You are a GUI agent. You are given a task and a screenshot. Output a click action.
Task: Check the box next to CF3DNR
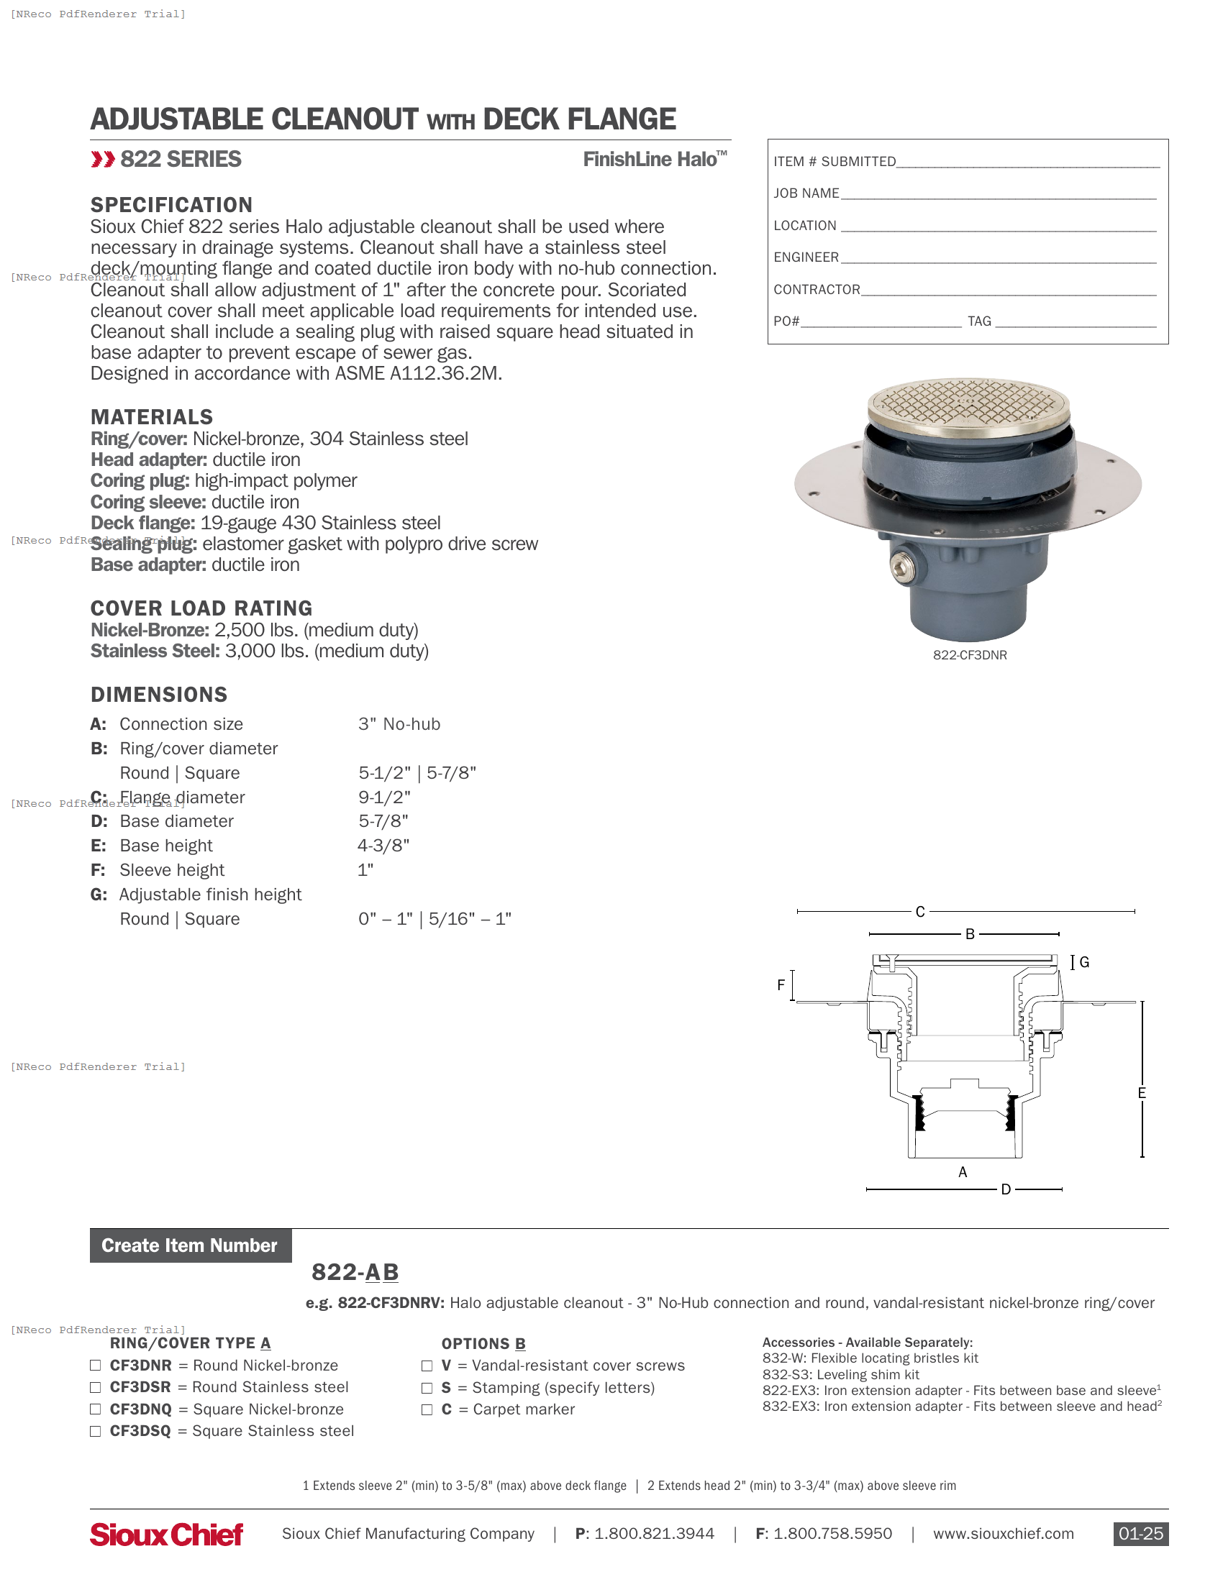[95, 1366]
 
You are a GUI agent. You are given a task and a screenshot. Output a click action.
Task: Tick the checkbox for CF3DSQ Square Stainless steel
[95, 1431]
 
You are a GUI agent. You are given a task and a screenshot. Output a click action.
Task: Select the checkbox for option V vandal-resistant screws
[427, 1366]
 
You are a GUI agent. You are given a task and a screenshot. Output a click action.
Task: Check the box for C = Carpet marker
[427, 1409]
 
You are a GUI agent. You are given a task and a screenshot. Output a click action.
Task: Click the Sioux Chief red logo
[166, 1535]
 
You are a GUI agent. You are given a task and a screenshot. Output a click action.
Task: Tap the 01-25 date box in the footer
[1140, 1534]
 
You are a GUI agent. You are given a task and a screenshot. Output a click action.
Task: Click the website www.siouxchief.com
[1003, 1534]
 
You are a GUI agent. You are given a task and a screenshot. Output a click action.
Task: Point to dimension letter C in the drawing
[919, 911]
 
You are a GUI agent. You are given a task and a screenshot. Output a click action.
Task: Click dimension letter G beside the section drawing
[1084, 962]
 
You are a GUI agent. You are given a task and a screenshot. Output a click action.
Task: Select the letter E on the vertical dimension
[1141, 1093]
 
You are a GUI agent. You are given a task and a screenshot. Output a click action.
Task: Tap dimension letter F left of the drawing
[781, 985]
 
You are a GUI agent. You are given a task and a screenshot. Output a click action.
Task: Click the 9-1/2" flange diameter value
[384, 797]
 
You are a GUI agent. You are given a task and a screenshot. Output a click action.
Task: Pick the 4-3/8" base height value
[383, 846]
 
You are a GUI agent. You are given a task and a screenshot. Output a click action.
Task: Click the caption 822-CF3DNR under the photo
[970, 655]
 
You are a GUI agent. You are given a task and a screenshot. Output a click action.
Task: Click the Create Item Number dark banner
[190, 1245]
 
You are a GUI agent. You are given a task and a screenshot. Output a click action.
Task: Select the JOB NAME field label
[806, 193]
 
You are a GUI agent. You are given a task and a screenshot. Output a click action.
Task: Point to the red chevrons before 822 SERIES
[103, 160]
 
